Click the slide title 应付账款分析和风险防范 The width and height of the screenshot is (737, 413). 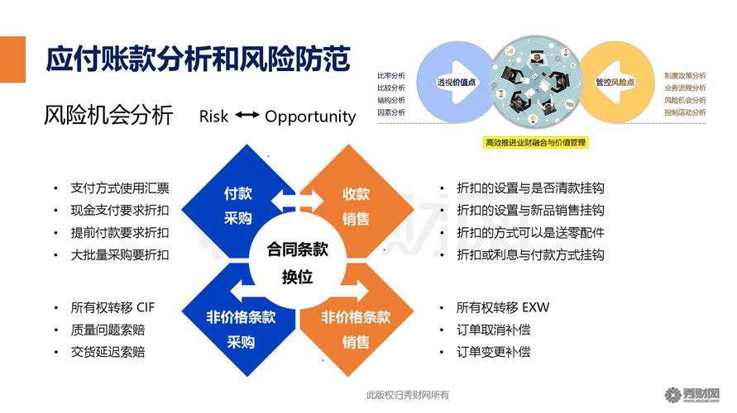click(198, 59)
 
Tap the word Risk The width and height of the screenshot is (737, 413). click(213, 116)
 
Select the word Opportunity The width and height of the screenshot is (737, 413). click(310, 116)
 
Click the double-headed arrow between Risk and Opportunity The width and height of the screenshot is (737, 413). click(246, 116)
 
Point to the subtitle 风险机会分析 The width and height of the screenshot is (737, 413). click(108, 116)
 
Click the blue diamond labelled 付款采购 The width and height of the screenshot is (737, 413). click(239, 206)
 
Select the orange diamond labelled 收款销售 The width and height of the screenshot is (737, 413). click(357, 206)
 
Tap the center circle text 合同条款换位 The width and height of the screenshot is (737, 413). click(297, 263)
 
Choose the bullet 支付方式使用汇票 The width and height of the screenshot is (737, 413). click(119, 188)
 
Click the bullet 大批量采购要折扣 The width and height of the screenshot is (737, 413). click(119, 255)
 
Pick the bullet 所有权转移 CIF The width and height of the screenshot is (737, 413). click(112, 307)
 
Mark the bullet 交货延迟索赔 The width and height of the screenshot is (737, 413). click(108, 352)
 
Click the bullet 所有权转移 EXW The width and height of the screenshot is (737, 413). click(502, 307)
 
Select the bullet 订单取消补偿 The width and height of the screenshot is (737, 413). click(493, 330)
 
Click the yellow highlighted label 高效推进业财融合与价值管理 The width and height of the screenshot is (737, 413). click(534, 142)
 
